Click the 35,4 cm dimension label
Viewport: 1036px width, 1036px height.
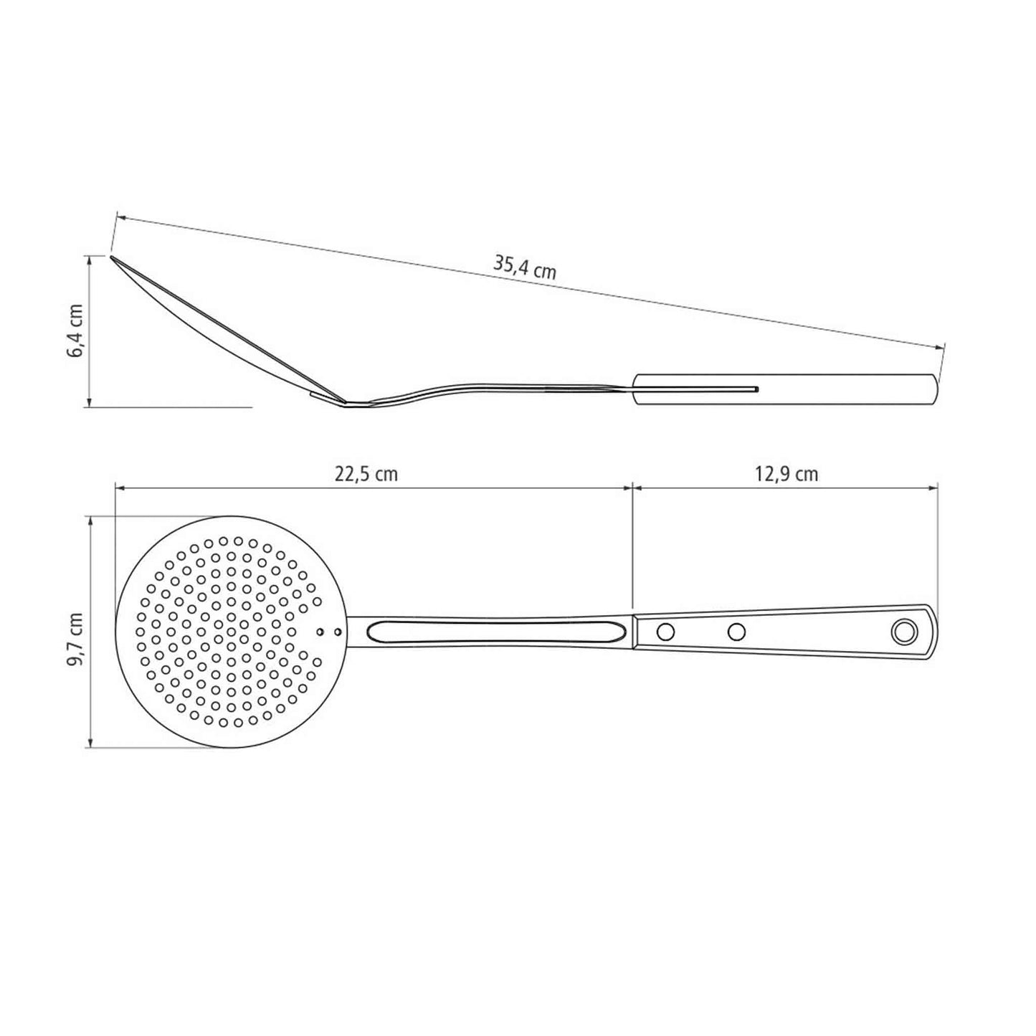point(524,267)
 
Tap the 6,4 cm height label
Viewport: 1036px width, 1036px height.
point(75,330)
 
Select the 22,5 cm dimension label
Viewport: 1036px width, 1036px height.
point(366,474)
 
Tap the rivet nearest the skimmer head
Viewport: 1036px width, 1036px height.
point(666,632)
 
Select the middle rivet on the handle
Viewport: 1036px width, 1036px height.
point(736,632)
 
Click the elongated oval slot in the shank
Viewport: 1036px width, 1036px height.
point(495,632)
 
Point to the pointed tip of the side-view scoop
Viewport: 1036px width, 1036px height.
point(112,257)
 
